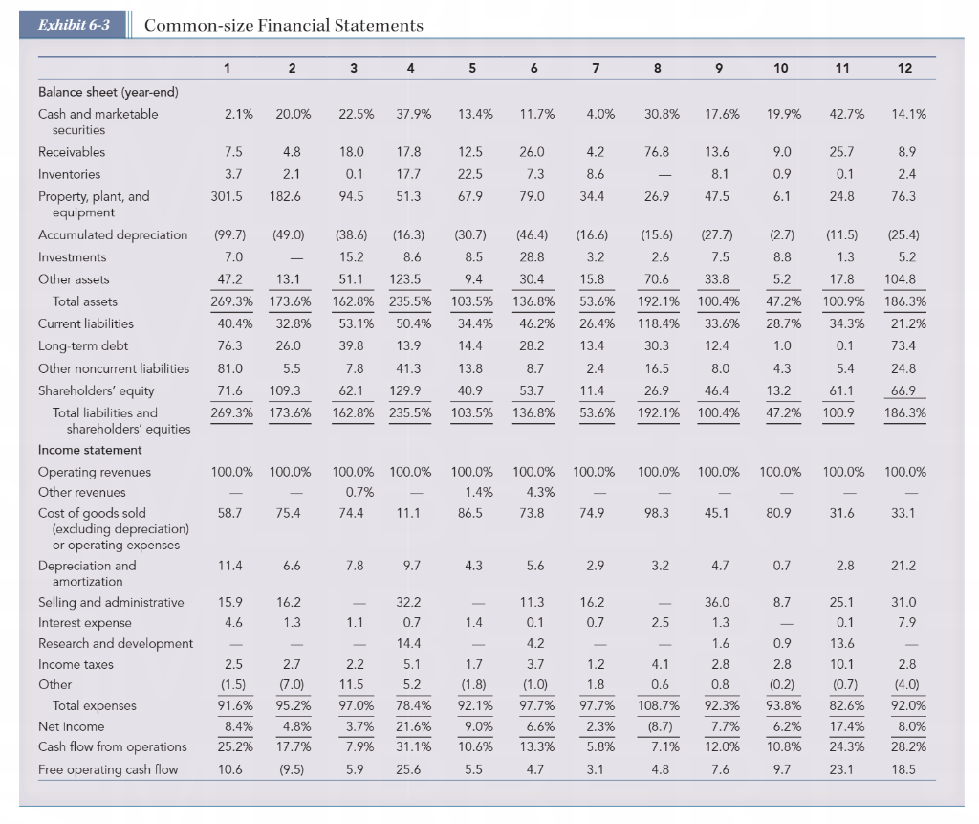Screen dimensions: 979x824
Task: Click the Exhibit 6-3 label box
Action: click(x=73, y=25)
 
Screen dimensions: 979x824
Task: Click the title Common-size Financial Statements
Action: click(x=283, y=25)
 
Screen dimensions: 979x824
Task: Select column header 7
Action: click(x=596, y=68)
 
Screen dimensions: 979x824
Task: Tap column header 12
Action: click(x=904, y=68)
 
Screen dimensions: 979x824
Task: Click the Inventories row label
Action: click(x=69, y=174)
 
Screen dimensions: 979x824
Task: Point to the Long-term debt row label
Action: click(x=83, y=345)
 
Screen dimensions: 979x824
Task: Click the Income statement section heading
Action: click(x=90, y=450)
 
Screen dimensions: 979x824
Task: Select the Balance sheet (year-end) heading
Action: click(x=108, y=92)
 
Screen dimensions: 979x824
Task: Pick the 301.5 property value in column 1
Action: click(x=227, y=196)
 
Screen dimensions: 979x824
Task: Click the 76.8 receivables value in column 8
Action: click(x=657, y=152)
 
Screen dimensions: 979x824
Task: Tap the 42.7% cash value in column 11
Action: click(x=847, y=114)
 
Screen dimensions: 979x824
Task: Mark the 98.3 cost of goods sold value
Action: click(x=657, y=513)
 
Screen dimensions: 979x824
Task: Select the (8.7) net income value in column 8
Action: click(x=660, y=726)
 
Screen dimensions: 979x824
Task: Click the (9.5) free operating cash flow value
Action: click(x=292, y=769)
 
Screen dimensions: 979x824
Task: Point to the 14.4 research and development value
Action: click(x=408, y=643)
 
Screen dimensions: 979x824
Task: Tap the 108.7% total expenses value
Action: click(x=658, y=705)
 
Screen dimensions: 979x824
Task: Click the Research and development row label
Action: click(x=116, y=643)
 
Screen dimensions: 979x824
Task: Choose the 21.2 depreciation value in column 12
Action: click(x=903, y=566)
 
